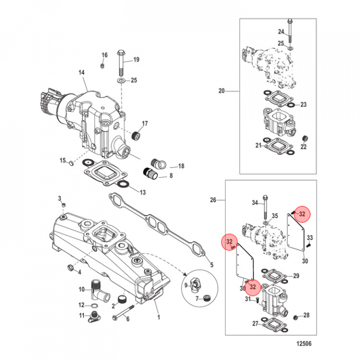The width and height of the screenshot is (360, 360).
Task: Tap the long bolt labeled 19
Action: (121, 62)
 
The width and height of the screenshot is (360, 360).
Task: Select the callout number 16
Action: (104, 55)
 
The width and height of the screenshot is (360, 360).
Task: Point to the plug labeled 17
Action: (134, 135)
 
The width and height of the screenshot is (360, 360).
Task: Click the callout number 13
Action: (142, 192)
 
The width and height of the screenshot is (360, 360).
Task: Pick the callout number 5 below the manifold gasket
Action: (211, 265)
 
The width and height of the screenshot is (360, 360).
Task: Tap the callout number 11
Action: (81, 315)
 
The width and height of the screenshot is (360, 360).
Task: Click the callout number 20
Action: (221, 91)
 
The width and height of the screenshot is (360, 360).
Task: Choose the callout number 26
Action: (213, 200)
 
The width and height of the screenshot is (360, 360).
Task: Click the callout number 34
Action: (255, 202)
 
